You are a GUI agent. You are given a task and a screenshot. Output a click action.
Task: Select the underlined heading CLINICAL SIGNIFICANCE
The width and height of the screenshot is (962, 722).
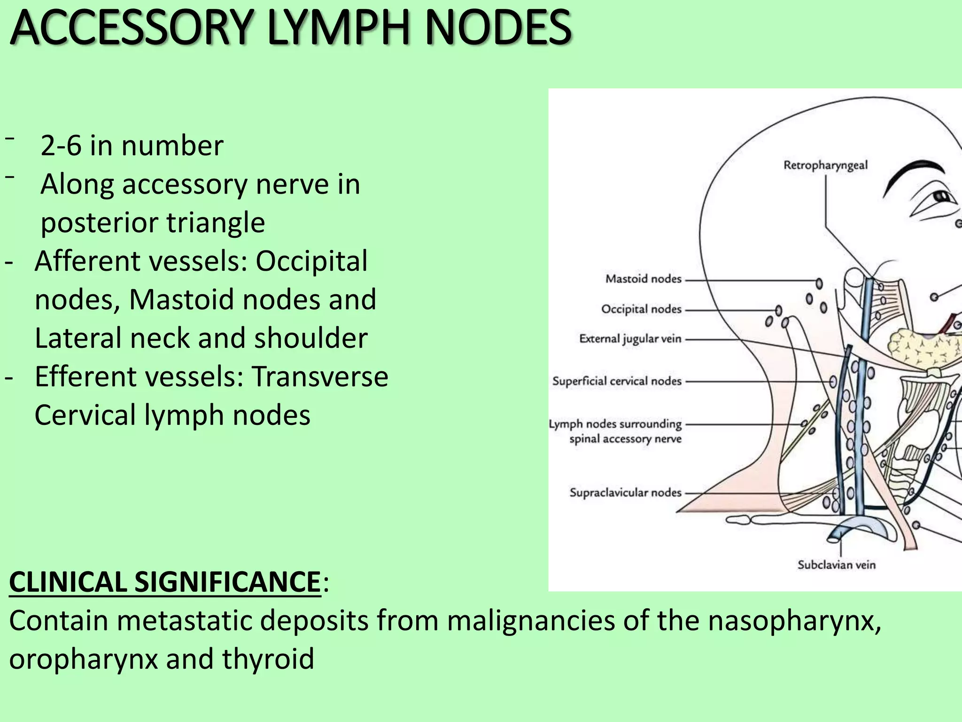click(x=165, y=582)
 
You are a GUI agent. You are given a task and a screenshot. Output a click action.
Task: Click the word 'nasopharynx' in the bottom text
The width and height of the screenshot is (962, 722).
click(x=794, y=620)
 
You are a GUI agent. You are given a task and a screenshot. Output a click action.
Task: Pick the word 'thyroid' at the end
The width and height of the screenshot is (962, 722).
click(x=268, y=659)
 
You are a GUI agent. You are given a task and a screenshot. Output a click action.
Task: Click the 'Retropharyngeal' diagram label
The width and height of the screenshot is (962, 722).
click(x=825, y=165)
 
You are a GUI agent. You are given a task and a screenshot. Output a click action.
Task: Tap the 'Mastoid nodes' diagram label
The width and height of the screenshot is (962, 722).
click(x=643, y=279)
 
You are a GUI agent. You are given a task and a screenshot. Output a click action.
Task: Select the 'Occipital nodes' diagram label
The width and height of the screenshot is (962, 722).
click(x=641, y=309)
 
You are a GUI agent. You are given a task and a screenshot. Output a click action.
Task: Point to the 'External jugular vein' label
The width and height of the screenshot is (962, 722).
click(x=630, y=339)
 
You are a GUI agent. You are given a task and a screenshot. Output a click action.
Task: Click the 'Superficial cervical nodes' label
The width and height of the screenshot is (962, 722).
click(x=617, y=381)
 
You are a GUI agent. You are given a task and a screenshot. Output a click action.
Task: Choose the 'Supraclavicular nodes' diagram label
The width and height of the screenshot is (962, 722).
click(x=625, y=493)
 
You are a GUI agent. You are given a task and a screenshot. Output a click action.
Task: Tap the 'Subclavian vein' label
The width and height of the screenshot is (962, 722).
click(x=836, y=565)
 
